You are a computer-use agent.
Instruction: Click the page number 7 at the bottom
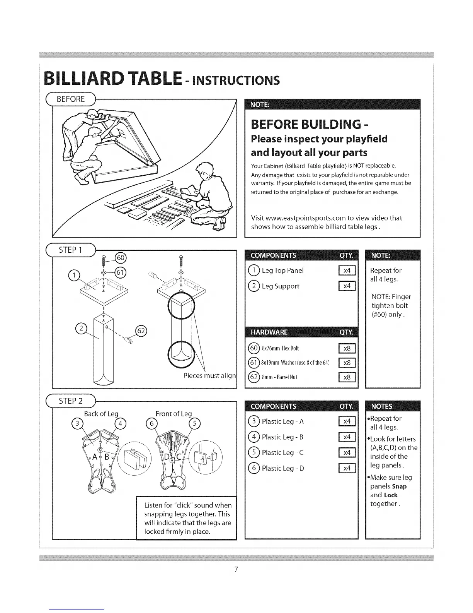[x=236, y=569]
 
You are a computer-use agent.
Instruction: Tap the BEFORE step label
[x=71, y=99]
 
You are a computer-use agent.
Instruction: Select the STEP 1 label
[x=71, y=250]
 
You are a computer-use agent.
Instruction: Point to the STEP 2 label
[x=71, y=401]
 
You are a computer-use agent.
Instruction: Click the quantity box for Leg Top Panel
[x=347, y=271]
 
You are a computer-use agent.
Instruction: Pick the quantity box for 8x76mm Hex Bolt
[x=347, y=348]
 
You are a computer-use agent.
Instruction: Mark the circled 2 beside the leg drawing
[x=81, y=329]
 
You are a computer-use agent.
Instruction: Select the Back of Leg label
[x=101, y=414]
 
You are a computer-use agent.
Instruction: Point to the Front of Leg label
[x=174, y=414]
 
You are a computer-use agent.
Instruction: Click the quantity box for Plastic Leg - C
[x=347, y=453]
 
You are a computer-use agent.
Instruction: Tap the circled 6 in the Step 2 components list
[x=254, y=469]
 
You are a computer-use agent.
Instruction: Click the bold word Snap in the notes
[x=399, y=486]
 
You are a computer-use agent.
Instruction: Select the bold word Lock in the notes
[x=391, y=495]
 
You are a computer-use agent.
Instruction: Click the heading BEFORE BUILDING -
[x=309, y=124]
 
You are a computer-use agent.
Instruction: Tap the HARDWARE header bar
[x=302, y=332]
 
